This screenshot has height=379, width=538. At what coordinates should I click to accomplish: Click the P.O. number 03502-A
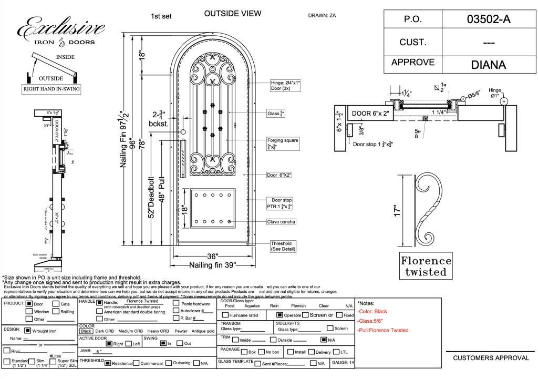pos(488,19)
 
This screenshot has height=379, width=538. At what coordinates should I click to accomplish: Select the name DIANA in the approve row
pos(488,65)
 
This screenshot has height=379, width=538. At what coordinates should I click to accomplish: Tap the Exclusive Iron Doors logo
pos(61,32)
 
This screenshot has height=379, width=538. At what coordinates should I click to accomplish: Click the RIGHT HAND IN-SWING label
pos(51,89)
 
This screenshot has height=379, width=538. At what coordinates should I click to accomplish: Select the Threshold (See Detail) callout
pos(281,246)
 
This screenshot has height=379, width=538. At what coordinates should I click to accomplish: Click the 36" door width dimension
pos(212,256)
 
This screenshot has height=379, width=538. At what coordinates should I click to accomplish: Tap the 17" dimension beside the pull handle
pos(398,211)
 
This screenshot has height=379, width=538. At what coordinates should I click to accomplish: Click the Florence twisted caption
pos(426,266)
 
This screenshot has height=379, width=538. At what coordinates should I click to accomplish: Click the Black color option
pos(86,331)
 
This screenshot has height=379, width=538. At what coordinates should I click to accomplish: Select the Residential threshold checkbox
pos(107,363)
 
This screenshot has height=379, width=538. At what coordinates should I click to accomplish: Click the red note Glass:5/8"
pos(369,321)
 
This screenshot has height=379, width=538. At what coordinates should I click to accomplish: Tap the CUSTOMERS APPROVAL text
pos(491,358)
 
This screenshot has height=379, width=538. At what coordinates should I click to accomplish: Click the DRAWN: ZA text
pos(322,15)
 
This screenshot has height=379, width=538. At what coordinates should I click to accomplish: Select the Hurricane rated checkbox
pos(225,315)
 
